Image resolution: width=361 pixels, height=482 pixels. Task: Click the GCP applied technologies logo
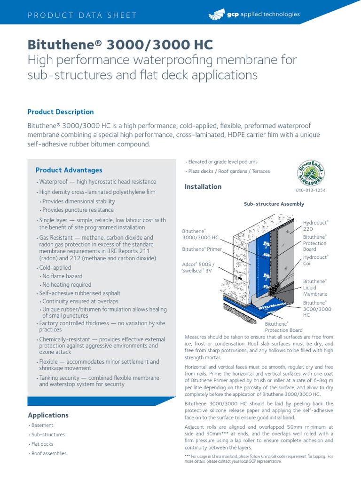[253, 15]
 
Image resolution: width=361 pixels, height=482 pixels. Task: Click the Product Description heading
[61, 112]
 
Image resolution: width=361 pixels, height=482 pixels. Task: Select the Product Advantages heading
[69, 170]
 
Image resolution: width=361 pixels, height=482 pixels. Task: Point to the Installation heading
[203, 187]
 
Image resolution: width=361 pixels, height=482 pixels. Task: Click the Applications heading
[48, 415]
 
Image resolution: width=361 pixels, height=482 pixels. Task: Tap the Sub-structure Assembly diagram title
[274, 204]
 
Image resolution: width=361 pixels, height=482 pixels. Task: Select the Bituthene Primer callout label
[202, 249]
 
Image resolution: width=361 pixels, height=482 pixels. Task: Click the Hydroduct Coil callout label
[315, 260]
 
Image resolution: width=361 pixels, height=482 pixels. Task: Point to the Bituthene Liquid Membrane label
[314, 287]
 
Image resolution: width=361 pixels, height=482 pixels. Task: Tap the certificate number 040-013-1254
[310, 190]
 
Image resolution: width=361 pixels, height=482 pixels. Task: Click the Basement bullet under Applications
[42, 426]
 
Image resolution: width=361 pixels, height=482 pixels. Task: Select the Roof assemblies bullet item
[49, 453]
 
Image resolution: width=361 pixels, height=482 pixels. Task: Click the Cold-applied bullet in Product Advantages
[55, 268]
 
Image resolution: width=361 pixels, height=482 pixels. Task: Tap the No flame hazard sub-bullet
[62, 276]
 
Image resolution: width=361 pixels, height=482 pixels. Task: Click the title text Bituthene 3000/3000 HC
[120, 45]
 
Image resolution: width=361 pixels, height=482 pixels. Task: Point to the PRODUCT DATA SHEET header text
[82, 15]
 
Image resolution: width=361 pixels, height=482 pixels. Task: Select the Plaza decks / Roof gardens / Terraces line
[229, 171]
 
